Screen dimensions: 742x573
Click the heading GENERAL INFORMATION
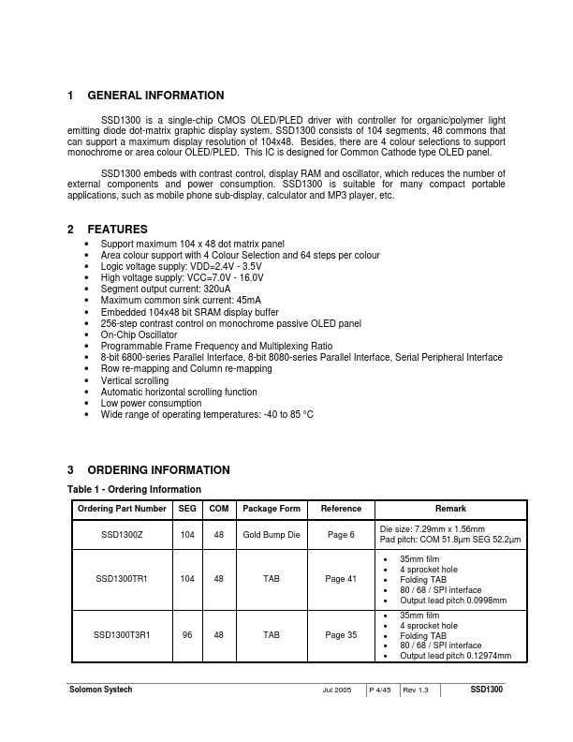154,96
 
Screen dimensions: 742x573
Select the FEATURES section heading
117,230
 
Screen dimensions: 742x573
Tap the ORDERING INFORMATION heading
157,470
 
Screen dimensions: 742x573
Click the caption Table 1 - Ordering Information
134,489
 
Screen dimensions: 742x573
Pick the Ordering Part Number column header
122,509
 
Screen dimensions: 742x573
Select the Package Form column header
272,509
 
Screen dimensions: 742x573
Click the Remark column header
449,509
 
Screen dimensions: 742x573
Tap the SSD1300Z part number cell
122,534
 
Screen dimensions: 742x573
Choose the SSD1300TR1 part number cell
122,579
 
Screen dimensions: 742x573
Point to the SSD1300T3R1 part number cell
122,634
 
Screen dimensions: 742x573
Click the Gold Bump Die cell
272,534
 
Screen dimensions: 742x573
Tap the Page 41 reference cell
341,579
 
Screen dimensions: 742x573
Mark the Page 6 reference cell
341,534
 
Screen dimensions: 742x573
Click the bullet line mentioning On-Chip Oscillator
139,334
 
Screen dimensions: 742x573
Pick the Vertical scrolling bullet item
135,380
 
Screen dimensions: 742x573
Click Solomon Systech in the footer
101,690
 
